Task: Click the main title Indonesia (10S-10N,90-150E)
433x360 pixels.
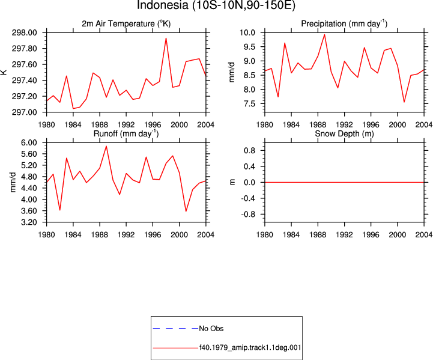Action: [x=216, y=5]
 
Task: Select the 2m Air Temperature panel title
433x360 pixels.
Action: [x=126, y=24]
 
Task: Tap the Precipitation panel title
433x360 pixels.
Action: [x=344, y=24]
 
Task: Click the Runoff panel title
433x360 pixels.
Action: [x=126, y=133]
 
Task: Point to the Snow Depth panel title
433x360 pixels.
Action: [x=344, y=133]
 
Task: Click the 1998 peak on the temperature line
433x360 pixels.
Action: [x=166, y=38]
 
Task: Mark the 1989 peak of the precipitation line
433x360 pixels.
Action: [x=325, y=35]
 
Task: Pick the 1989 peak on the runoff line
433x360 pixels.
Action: [x=106, y=146]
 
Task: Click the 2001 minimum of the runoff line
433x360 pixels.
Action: [x=186, y=212]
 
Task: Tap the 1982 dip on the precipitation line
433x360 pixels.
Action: [x=278, y=97]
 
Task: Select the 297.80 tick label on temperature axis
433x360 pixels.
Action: [x=24, y=49]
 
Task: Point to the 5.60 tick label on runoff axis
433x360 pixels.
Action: [x=29, y=154]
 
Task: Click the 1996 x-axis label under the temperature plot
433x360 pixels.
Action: [x=153, y=124]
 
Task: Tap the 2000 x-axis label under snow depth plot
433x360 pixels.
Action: [x=398, y=234]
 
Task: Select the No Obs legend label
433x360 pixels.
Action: [x=211, y=329]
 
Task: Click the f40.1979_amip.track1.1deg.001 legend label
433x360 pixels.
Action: [x=250, y=347]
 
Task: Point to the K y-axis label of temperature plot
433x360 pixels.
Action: [x=4, y=72]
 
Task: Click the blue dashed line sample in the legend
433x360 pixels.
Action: [x=175, y=329]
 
